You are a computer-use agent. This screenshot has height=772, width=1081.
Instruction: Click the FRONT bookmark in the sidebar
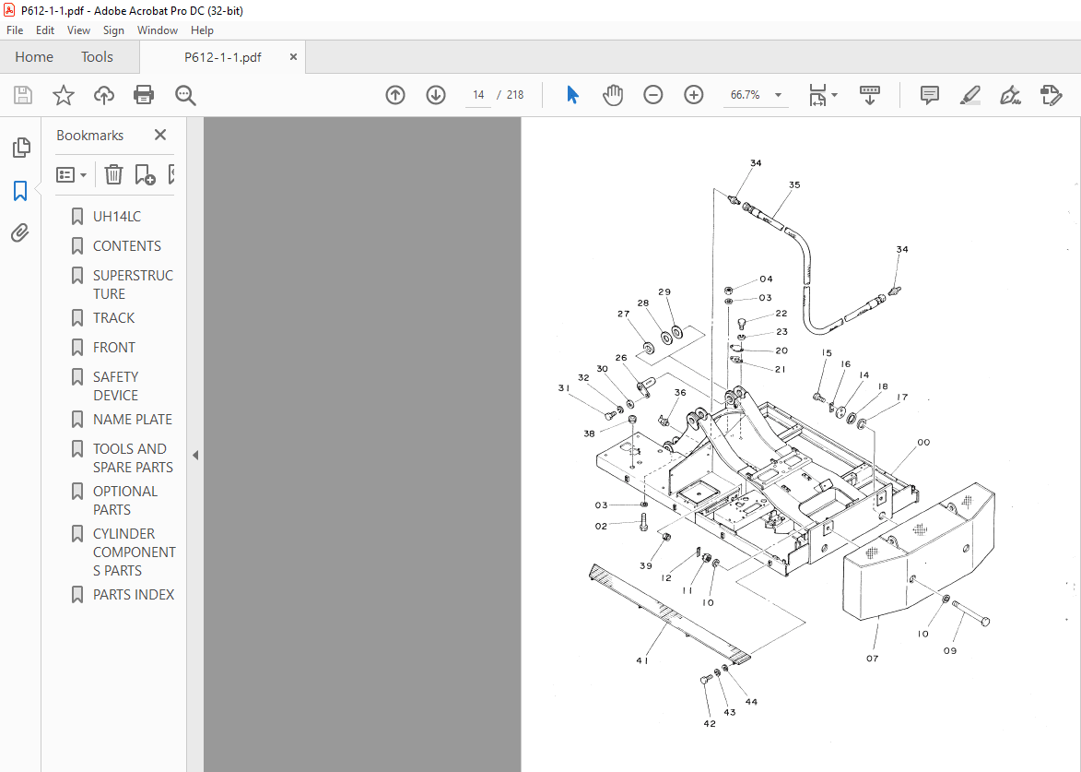click(113, 348)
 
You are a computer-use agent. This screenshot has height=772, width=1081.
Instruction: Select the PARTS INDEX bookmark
click(133, 595)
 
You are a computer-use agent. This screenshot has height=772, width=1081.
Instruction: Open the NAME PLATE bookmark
click(132, 420)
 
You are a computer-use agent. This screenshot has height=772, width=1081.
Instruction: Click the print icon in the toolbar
click(144, 95)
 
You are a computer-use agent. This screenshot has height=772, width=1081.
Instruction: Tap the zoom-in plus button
click(694, 95)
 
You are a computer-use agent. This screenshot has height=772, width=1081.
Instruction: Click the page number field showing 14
click(478, 95)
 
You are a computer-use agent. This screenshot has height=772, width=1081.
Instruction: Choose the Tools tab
click(97, 57)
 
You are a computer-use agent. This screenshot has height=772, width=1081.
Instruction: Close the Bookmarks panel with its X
click(160, 135)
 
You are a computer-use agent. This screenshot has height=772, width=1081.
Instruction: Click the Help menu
click(202, 30)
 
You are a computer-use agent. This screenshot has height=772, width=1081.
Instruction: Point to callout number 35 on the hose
click(793, 185)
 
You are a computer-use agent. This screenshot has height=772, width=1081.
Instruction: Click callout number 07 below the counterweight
click(872, 659)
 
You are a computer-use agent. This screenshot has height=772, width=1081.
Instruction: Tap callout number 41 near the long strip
click(641, 660)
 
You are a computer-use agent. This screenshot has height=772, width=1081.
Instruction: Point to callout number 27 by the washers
click(623, 315)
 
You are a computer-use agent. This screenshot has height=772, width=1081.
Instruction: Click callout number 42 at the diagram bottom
click(709, 724)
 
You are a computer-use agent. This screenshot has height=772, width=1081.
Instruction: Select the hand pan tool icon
click(613, 95)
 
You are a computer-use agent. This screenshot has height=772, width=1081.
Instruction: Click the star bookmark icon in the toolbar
click(63, 95)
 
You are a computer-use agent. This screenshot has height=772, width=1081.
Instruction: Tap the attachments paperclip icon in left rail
click(20, 233)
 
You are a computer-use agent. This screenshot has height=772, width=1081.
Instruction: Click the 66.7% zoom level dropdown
click(756, 95)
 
